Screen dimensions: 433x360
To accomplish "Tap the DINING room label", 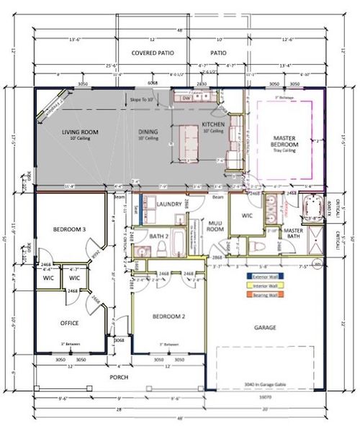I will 148,132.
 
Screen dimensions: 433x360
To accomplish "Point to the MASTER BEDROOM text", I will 285,141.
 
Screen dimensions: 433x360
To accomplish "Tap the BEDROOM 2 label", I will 169,316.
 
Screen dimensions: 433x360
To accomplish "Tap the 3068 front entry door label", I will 120,340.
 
